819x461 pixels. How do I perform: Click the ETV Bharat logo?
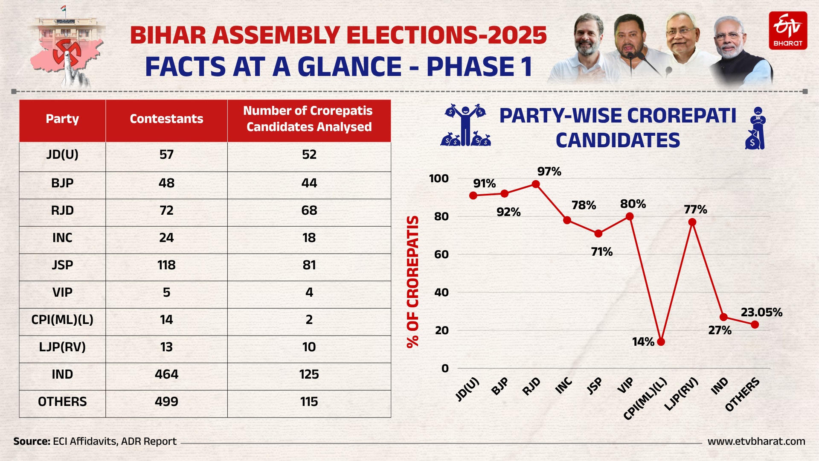(788, 30)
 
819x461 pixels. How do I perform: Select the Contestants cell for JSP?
(166, 265)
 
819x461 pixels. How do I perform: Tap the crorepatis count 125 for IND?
(309, 374)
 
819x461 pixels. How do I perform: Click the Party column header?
(62, 119)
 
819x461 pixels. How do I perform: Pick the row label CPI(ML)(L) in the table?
(62, 320)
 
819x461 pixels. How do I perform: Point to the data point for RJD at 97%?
(536, 184)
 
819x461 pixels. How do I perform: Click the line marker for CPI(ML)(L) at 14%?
(661, 341)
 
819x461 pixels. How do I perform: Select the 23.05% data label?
(761, 312)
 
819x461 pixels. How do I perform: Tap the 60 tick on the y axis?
(441, 254)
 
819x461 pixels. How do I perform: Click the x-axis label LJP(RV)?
(682, 394)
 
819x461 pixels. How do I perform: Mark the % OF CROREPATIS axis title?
(412, 282)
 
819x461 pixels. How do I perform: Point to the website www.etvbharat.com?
(756, 441)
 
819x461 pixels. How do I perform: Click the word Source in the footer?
(31, 441)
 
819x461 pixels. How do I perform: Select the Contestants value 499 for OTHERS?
(166, 402)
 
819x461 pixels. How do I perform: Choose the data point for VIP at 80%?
(629, 216)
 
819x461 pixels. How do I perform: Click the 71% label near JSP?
(601, 252)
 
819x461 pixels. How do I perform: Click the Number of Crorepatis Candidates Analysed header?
(309, 119)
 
